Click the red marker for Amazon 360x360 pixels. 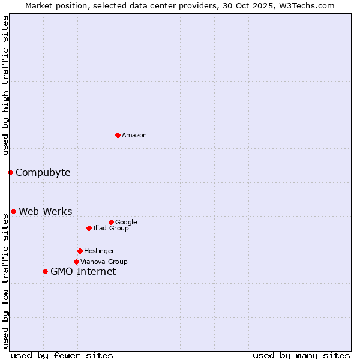118,135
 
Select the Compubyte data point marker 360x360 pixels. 10,173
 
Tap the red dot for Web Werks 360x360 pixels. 13,211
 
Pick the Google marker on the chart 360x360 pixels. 111,222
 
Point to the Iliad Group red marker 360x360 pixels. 89,228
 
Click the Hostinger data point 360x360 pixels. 80,251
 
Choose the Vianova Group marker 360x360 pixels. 76,262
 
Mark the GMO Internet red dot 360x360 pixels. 45,272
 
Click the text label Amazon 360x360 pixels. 134,135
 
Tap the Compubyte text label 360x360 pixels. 43,173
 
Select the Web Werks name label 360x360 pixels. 46,211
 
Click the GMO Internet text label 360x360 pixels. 83,272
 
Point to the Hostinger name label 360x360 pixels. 99,251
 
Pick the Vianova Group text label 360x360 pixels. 104,262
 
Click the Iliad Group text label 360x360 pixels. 111,228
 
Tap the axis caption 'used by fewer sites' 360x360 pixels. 62,355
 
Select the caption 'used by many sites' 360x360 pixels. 301,355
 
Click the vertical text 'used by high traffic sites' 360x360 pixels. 5,85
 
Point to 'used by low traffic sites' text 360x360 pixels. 5,281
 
